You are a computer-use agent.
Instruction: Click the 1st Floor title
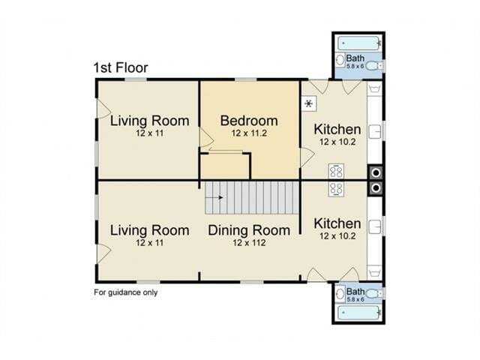click(x=121, y=67)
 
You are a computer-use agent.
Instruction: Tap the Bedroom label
click(x=249, y=121)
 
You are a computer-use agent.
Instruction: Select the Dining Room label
click(x=249, y=230)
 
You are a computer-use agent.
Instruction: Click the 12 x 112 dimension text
click(x=249, y=243)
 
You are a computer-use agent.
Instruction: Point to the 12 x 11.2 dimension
click(x=249, y=133)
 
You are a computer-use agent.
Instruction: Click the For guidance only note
click(x=125, y=292)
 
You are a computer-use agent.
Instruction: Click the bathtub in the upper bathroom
click(x=359, y=43)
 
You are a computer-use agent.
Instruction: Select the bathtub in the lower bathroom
click(x=359, y=313)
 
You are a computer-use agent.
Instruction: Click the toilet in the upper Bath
click(x=374, y=65)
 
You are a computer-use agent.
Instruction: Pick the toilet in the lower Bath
click(x=374, y=293)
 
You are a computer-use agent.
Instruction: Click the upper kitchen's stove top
click(x=336, y=172)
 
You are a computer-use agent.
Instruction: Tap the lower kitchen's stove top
click(x=336, y=189)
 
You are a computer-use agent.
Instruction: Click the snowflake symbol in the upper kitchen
click(x=309, y=103)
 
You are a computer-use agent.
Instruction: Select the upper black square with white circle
click(x=376, y=173)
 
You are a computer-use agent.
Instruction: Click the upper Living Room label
click(x=150, y=121)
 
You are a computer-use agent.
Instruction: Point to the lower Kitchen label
click(x=337, y=223)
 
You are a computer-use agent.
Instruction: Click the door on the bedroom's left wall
click(x=206, y=137)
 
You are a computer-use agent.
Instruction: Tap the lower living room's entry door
click(x=103, y=253)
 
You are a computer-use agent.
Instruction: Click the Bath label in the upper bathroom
click(x=355, y=58)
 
